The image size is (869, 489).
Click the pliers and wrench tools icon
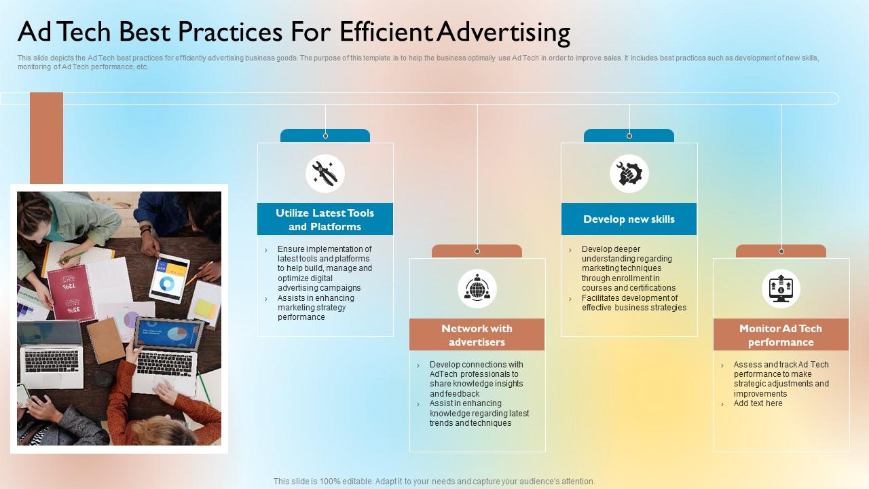(x=325, y=173)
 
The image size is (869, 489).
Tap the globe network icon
(x=477, y=289)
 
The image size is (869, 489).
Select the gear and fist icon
(x=629, y=173)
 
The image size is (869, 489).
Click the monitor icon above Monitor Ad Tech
(x=781, y=289)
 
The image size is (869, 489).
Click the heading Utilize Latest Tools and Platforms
(x=325, y=219)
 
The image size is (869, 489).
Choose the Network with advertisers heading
(x=477, y=335)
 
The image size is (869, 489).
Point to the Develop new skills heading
(x=629, y=219)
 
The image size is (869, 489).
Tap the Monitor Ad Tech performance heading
(x=781, y=335)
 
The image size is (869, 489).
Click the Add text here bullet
(x=758, y=403)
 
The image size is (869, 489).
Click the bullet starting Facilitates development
(x=633, y=303)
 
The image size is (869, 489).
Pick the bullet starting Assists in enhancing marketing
(x=315, y=308)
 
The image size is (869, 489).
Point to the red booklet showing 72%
(x=70, y=291)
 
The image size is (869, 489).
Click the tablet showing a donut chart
(x=168, y=277)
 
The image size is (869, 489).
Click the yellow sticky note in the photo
(x=205, y=308)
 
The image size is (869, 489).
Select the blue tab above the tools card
(x=325, y=136)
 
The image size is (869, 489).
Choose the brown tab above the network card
(x=477, y=251)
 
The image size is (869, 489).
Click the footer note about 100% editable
(x=434, y=482)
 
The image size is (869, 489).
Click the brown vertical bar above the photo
(x=46, y=139)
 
